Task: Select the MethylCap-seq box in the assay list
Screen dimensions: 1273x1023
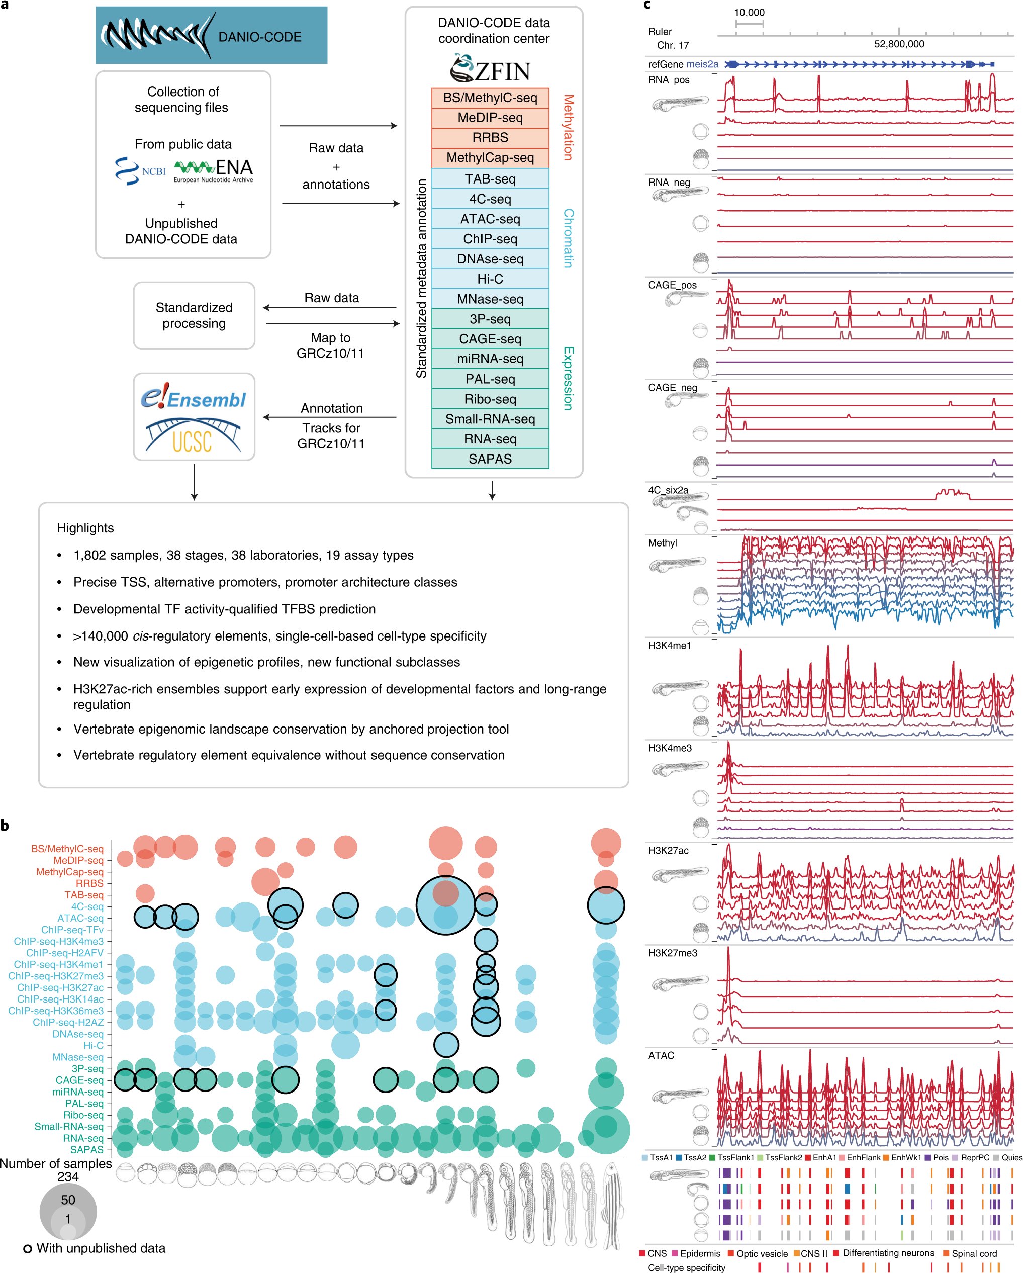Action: [x=490, y=158]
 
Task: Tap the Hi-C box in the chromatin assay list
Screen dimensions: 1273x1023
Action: [x=490, y=279]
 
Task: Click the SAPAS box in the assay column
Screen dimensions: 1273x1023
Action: [x=490, y=459]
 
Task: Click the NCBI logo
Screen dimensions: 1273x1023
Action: [x=140, y=170]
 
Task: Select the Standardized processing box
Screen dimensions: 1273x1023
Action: [x=194, y=315]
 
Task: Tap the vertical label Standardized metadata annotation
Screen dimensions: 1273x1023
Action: [x=421, y=278]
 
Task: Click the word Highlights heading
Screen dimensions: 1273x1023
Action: [x=85, y=528]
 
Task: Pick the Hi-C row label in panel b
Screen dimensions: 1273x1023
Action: [x=94, y=1045]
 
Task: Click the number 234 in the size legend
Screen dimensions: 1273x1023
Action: [x=68, y=1176]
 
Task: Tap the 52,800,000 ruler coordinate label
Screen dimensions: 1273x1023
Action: [x=898, y=44]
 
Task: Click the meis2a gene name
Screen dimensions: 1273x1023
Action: [x=702, y=64]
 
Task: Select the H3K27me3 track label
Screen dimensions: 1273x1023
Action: [x=672, y=953]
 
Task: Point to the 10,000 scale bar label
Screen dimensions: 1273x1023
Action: [x=749, y=13]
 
